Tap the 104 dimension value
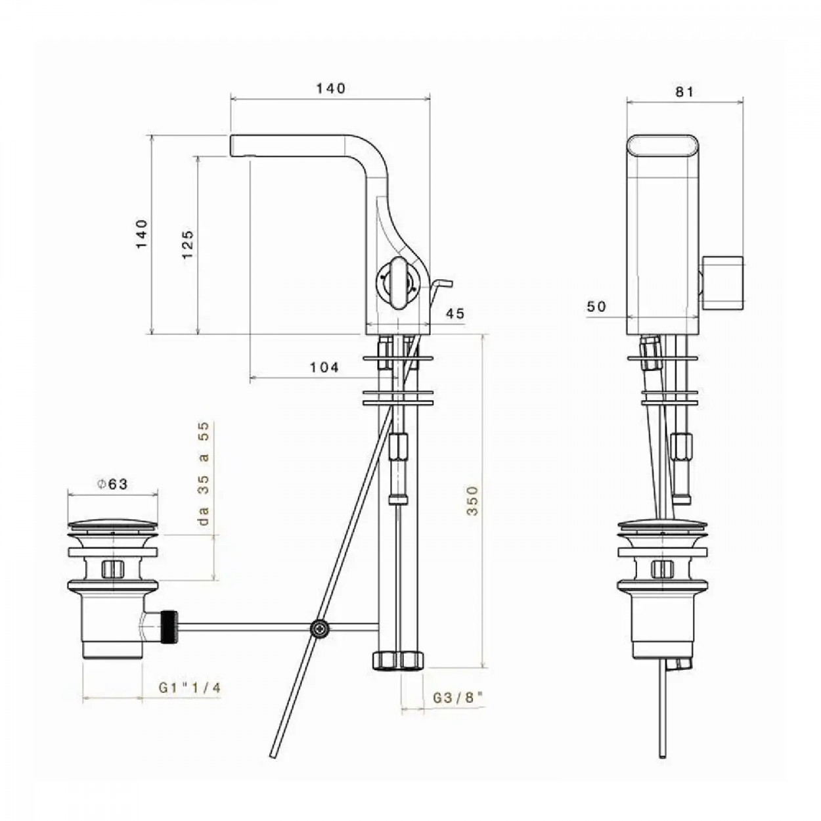(x=324, y=367)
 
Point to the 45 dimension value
(x=455, y=313)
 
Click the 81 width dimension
(x=684, y=91)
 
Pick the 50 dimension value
(x=596, y=306)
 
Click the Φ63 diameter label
(x=112, y=484)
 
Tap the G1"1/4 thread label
(x=190, y=688)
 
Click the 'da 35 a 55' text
(x=204, y=473)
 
